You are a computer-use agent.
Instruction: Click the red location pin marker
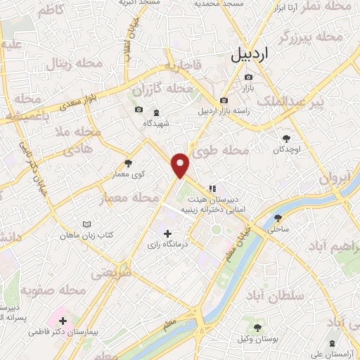[181, 165]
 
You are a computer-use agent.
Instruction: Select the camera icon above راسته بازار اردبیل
[224, 101]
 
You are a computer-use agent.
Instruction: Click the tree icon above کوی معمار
[127, 162]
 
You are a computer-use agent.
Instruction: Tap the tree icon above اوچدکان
[285, 138]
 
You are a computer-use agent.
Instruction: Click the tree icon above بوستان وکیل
[256, 328]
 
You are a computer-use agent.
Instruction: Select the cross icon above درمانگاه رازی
[167, 233]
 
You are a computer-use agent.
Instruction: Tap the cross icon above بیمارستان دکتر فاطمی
[63, 321]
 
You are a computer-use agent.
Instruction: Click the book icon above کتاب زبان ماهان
[86, 224]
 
